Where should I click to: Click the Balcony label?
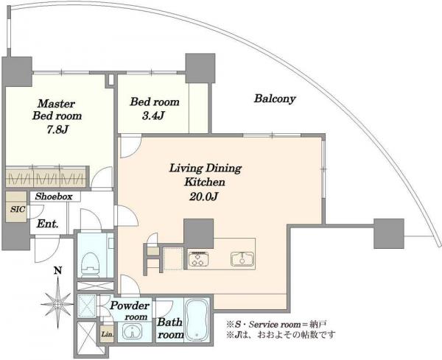point(275,99)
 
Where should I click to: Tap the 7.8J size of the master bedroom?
point(57,130)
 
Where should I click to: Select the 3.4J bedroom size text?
point(153,116)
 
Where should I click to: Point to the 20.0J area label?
point(203,197)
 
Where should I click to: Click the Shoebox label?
point(54,197)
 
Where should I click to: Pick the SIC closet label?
point(18,209)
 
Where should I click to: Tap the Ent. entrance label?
point(48,224)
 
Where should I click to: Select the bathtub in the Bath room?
point(197,320)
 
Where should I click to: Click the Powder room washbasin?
point(132,331)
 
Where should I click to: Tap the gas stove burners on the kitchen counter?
point(199,259)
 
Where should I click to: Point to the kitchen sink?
point(242,259)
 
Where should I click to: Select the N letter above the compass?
point(57,271)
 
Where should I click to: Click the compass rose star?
point(57,303)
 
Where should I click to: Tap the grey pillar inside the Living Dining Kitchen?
point(198,233)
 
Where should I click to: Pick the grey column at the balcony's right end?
point(389,233)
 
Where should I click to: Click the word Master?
point(57,104)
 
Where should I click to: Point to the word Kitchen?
point(205,182)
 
